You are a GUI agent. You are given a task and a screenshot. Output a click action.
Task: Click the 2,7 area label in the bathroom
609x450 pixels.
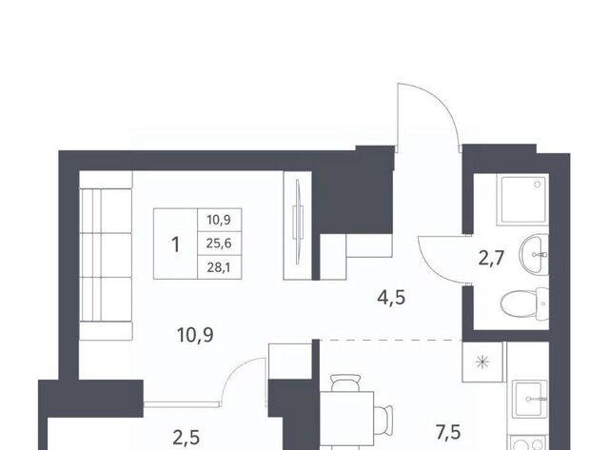point(491,258)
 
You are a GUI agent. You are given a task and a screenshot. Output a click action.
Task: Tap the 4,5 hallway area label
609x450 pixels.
point(391,298)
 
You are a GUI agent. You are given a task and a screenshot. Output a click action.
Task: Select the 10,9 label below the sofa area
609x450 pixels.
point(195,335)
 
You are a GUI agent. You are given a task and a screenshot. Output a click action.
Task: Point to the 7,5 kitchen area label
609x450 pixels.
point(448,433)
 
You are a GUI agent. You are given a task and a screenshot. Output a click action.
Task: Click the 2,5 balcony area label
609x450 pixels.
point(187,438)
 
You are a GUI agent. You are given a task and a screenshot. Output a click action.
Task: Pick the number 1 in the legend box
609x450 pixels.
point(175,245)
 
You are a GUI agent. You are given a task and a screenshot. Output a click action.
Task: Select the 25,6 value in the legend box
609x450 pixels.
point(219,244)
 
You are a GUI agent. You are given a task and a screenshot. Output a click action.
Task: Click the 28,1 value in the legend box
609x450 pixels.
point(219,267)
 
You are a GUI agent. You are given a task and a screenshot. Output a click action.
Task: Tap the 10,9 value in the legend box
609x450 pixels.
point(219,220)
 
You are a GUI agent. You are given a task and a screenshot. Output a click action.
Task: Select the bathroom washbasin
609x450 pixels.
point(535,255)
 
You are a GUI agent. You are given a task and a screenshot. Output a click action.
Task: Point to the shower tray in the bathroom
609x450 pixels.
point(522,200)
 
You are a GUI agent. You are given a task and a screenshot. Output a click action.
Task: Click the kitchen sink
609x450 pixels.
point(529,400)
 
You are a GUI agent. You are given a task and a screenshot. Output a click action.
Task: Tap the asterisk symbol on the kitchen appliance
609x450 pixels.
point(482,362)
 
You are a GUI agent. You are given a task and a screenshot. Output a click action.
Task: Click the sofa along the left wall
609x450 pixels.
point(106,256)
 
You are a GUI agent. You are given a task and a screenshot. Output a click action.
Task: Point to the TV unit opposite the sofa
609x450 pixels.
point(298,225)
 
